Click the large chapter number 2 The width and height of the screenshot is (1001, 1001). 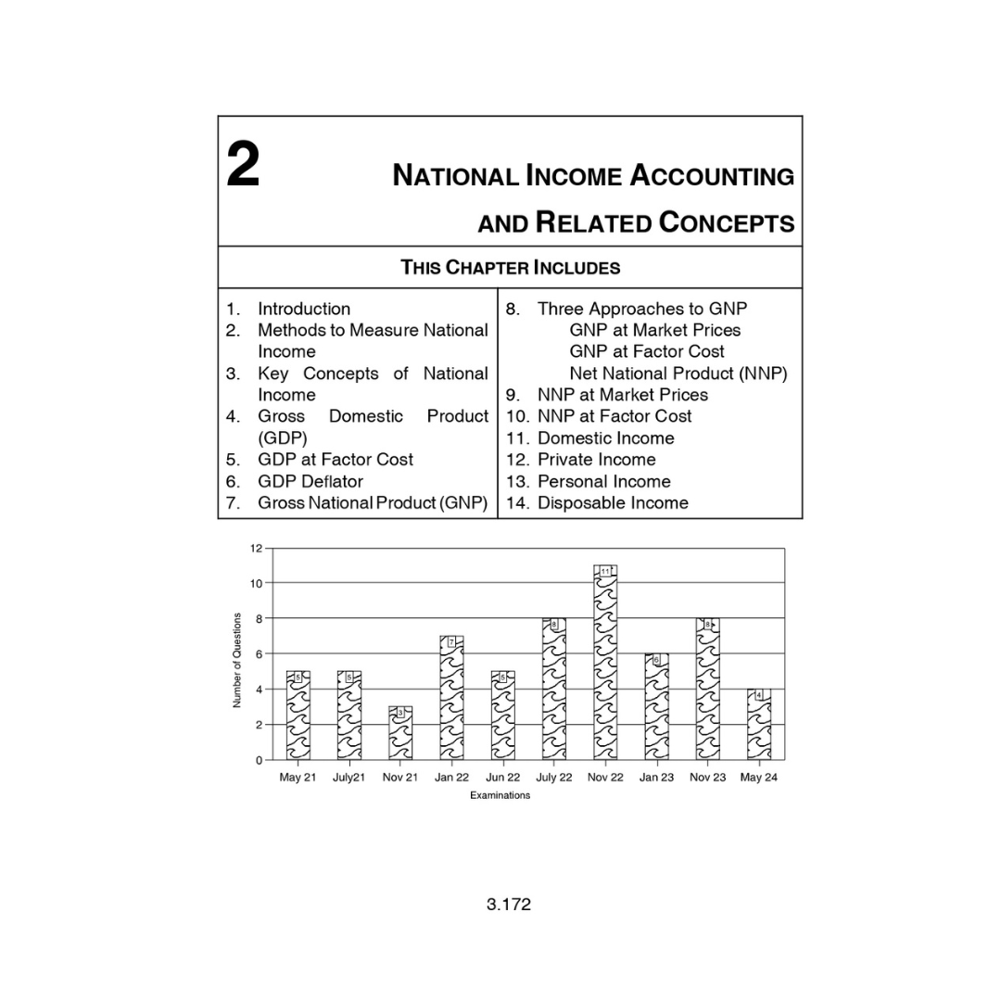(x=243, y=167)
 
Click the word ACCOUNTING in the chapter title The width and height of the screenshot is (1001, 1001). (x=713, y=175)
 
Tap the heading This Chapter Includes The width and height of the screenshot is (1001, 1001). (x=510, y=268)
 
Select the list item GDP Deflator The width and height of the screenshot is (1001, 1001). (x=310, y=481)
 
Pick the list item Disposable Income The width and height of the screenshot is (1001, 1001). (x=613, y=502)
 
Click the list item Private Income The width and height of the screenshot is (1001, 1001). (x=596, y=460)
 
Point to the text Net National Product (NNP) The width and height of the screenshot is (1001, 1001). (x=678, y=374)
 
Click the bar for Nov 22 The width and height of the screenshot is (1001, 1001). (x=605, y=667)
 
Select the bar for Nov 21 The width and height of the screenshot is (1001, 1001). (x=400, y=734)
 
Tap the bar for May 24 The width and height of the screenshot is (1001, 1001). (x=758, y=725)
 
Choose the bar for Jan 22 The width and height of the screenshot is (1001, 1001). (x=451, y=700)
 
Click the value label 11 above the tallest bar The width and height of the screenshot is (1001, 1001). (x=605, y=571)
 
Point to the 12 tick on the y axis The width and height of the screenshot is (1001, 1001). (x=256, y=548)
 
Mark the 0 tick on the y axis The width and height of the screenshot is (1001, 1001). (x=259, y=760)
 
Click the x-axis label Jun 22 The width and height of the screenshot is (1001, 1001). (x=502, y=778)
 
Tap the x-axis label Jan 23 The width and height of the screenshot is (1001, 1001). (x=656, y=778)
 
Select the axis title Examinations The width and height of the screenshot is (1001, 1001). (x=500, y=795)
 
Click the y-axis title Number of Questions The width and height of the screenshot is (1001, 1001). (x=237, y=660)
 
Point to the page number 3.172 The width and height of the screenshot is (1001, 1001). (x=509, y=904)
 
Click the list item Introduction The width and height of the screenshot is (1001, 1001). (x=303, y=309)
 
